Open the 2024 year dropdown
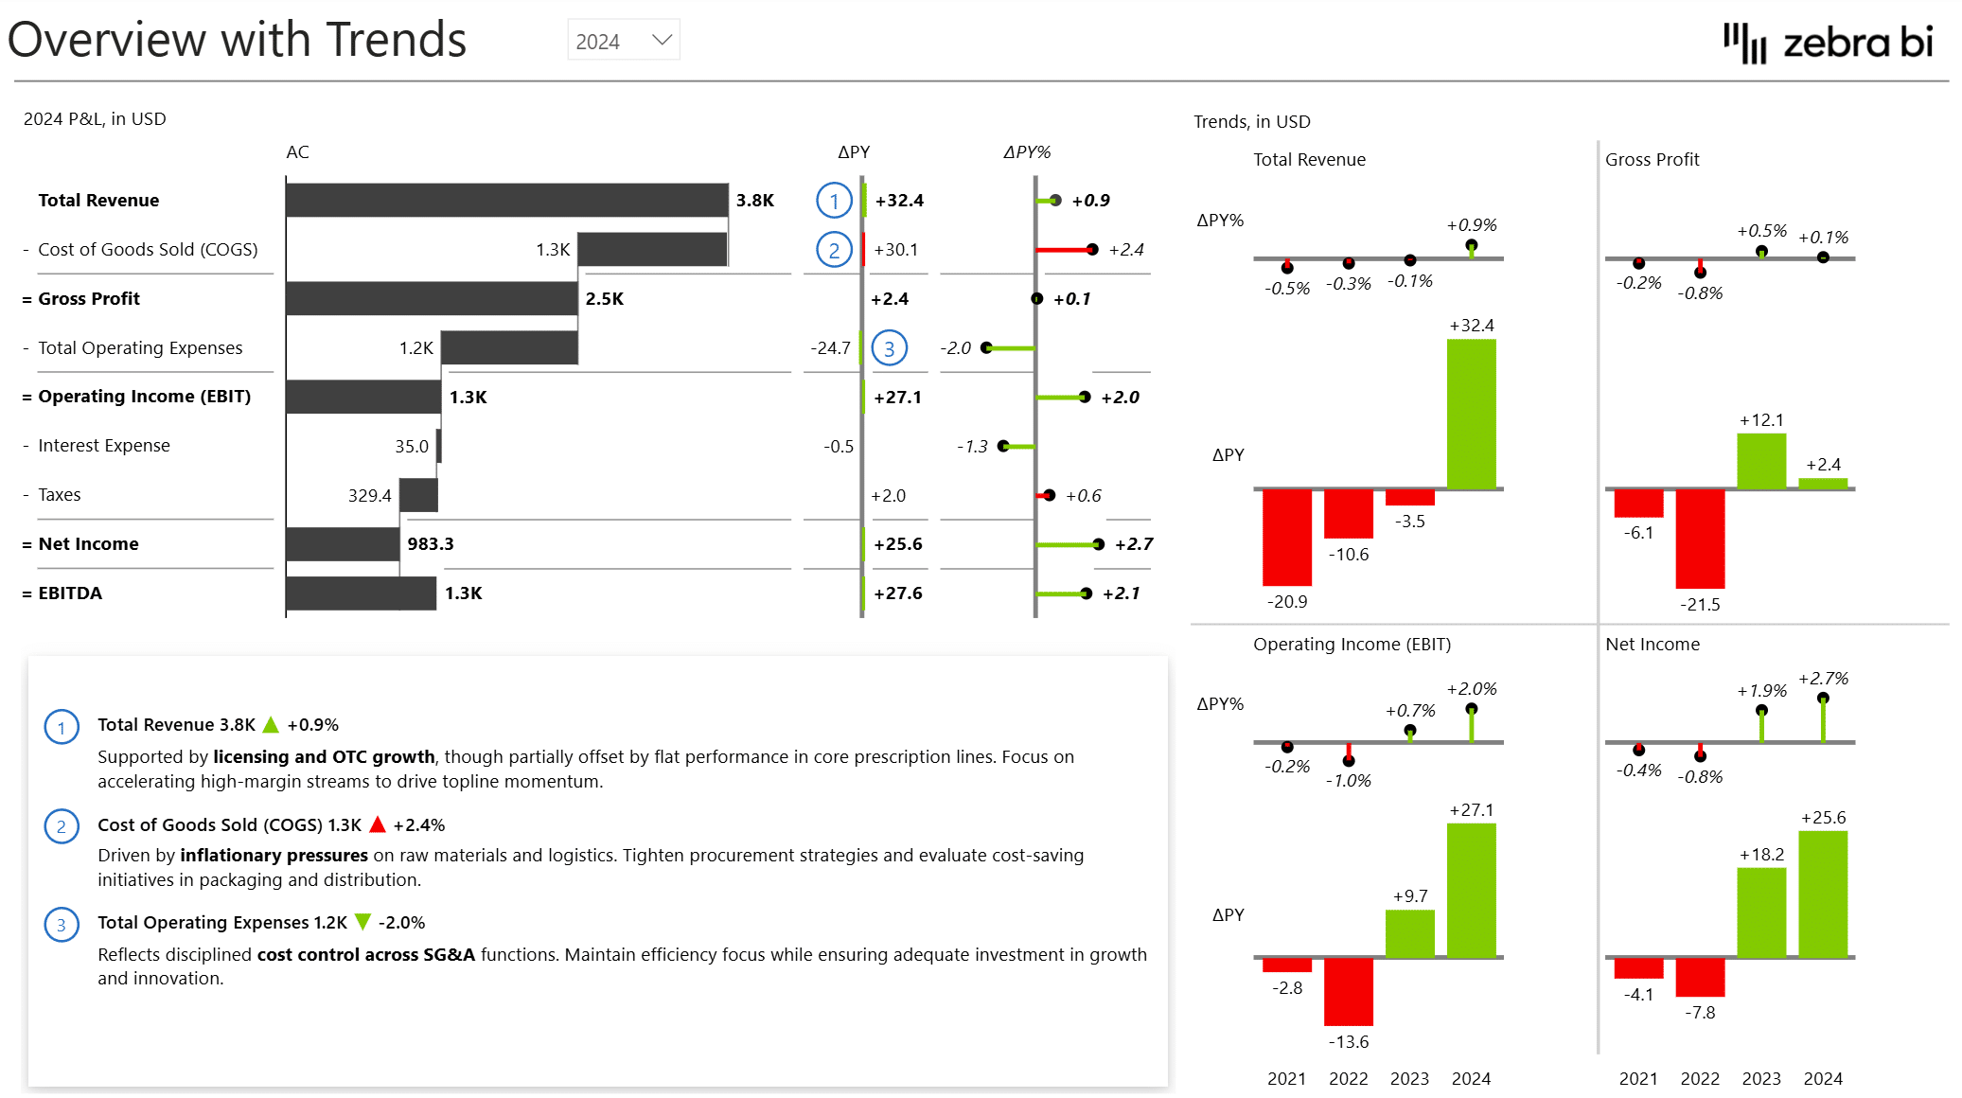click(624, 41)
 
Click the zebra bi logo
click(1828, 43)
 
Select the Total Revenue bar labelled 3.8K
click(506, 200)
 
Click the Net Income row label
click(88, 544)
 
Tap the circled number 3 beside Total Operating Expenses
click(889, 348)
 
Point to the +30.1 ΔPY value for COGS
click(895, 250)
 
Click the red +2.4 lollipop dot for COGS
click(1092, 250)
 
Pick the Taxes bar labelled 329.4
click(418, 495)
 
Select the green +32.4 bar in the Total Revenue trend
click(1471, 414)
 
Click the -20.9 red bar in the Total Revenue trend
click(1286, 537)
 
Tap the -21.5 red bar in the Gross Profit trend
click(1700, 538)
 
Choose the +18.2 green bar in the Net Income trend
click(1761, 912)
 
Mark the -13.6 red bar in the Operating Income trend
click(1348, 991)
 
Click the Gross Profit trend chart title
click(1652, 160)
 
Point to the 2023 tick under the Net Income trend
click(1761, 1079)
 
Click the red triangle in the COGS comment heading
click(378, 824)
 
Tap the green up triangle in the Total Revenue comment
click(271, 725)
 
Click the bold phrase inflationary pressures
click(274, 856)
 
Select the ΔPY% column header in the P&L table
click(1027, 152)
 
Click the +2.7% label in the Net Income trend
click(1823, 679)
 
